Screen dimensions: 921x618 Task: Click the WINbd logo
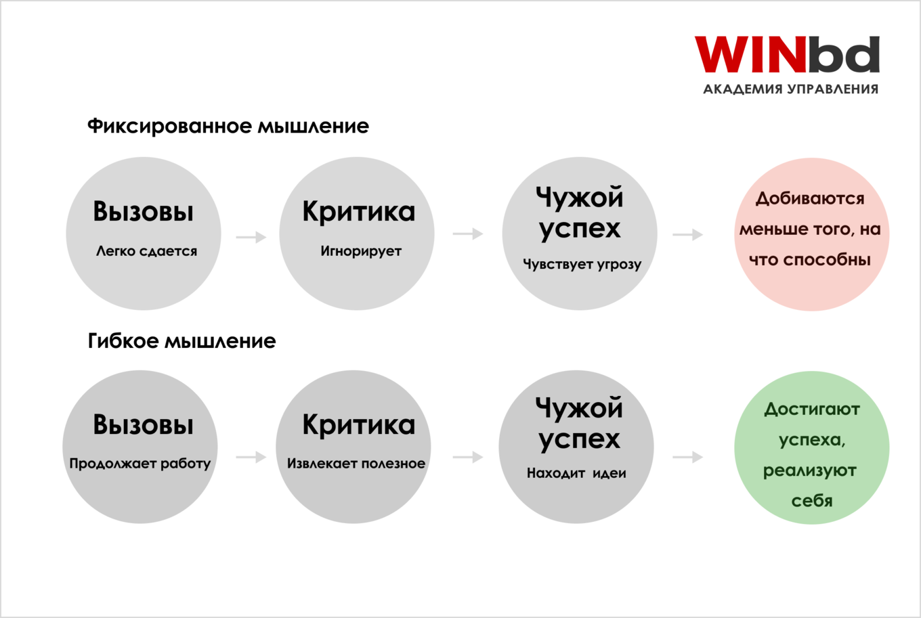[x=787, y=54]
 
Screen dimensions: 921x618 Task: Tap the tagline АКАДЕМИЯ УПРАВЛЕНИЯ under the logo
[x=791, y=89]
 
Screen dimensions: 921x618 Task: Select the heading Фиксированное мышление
[x=228, y=126]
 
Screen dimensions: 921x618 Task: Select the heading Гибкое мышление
[x=181, y=341]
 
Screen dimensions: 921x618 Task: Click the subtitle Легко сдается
[x=146, y=251]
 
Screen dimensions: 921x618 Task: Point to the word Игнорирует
[x=361, y=251]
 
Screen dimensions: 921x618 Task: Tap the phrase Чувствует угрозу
[x=582, y=264]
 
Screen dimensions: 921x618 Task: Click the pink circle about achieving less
[x=811, y=234]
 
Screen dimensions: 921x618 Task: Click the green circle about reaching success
[x=811, y=447]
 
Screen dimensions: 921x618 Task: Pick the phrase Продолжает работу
[x=140, y=464]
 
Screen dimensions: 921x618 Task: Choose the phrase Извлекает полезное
[x=356, y=464]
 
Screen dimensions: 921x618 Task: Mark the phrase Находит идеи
[x=576, y=473]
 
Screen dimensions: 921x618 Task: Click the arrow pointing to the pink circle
[x=688, y=235]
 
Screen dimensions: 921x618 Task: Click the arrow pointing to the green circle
[x=688, y=457]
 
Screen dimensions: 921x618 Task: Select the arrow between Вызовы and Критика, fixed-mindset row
[x=251, y=237]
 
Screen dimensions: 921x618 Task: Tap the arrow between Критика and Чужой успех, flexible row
[x=468, y=457]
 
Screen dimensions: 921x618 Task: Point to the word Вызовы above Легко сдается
[x=143, y=212]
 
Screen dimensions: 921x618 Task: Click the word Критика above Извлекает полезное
[x=358, y=424]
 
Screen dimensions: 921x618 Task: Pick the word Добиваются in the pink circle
[x=810, y=199]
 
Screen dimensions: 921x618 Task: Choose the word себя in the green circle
[x=811, y=501]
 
